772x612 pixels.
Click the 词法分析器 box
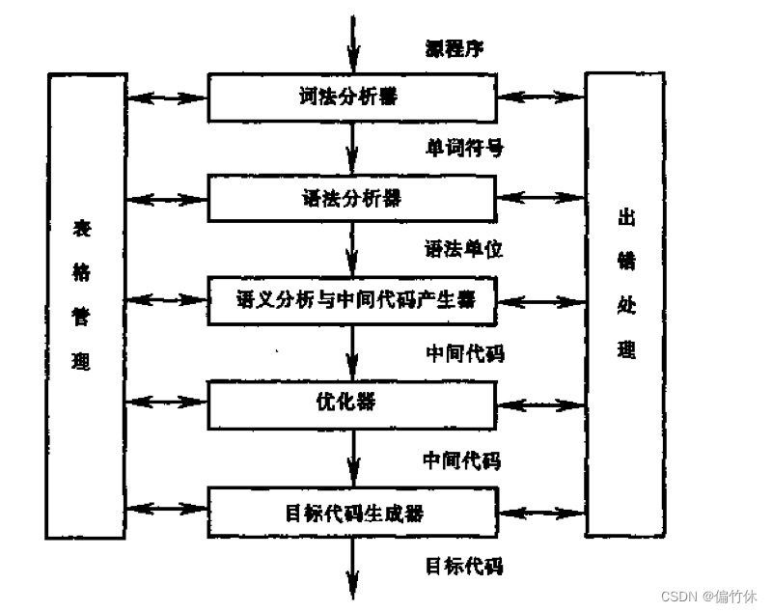coord(352,97)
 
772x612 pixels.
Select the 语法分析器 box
coord(352,199)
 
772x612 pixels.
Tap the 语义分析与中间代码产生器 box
coord(352,299)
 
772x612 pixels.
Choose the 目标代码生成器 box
coord(352,512)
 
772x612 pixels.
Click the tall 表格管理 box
coord(87,303)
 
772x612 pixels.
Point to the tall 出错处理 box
coord(625,303)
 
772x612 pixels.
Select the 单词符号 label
coord(464,148)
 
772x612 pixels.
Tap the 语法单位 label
coord(464,249)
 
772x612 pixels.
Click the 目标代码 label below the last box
coord(464,565)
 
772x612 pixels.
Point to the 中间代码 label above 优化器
coord(464,352)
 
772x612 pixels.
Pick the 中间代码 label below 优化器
coord(464,459)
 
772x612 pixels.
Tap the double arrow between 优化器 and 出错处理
coord(541,402)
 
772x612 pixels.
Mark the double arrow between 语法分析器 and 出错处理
coord(541,198)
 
